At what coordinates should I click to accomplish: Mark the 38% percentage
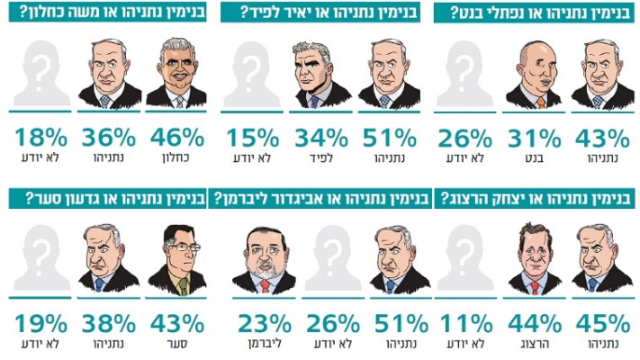pos(109,323)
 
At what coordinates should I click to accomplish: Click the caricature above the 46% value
pos(176,73)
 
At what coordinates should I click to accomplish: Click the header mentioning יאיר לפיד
pos(320,12)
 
